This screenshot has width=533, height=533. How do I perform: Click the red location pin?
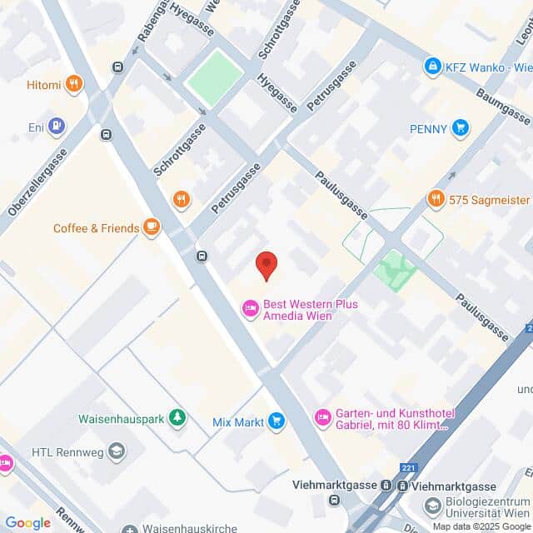tap(266, 265)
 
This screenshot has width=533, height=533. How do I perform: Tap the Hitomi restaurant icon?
tap(74, 83)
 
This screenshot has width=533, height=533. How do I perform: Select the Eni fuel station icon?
tap(56, 127)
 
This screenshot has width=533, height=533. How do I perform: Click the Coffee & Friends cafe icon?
tap(151, 227)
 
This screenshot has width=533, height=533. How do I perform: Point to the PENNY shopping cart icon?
tap(460, 128)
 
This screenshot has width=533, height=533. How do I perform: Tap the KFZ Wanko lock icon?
tap(432, 65)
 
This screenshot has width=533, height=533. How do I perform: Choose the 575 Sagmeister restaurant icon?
tap(436, 199)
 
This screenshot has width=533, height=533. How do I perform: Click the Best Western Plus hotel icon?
tap(250, 310)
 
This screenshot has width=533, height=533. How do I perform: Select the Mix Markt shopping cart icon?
tap(276, 422)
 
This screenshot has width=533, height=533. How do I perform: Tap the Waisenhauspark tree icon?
tap(177, 417)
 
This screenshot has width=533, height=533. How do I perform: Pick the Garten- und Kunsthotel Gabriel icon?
tap(322, 416)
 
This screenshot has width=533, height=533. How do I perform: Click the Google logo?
tap(27, 523)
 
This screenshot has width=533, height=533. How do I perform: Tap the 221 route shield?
tap(406, 468)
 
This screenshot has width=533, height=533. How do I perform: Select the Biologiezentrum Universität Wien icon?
tap(433, 506)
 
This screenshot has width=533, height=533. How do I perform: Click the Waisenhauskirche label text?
tap(184, 529)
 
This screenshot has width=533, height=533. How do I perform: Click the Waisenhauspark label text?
tap(120, 418)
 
